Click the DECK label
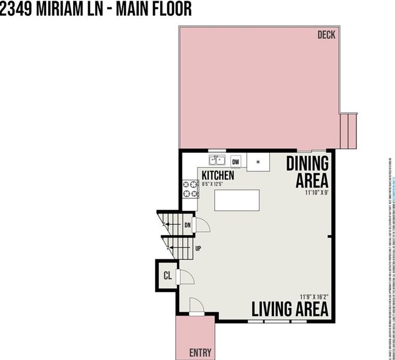pyautogui.click(x=326, y=35)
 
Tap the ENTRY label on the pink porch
pyautogui.click(x=200, y=352)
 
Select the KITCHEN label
pyautogui.click(x=218, y=175)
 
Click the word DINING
pyautogui.click(x=308, y=164)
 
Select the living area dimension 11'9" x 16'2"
pyautogui.click(x=313, y=297)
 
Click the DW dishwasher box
pyautogui.click(x=235, y=162)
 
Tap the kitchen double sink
pyautogui.click(x=218, y=161)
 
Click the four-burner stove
pyautogui.click(x=190, y=189)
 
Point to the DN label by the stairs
pyautogui.click(x=187, y=225)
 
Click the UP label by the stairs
pyautogui.click(x=199, y=248)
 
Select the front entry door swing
pyautogui.click(x=196, y=304)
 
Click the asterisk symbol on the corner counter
pyautogui.click(x=258, y=162)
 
